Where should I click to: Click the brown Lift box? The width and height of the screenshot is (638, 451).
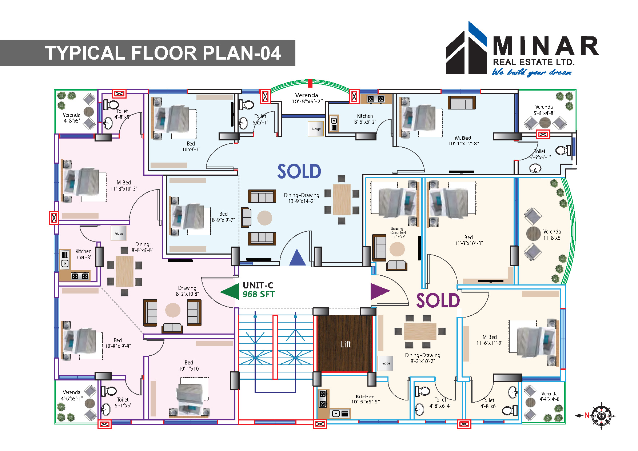pos(345,344)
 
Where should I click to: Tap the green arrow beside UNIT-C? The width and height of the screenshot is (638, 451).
pos(230,292)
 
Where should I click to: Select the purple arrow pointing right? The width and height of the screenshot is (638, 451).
pos(379,291)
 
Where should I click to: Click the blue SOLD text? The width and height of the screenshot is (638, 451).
pos(299,171)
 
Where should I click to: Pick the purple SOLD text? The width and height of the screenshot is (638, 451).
pos(438,301)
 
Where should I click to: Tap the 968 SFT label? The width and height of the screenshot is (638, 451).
pos(259,294)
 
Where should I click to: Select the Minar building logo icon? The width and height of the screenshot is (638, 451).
pos(466,49)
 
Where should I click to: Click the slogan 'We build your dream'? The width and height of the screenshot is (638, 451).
pos(531,72)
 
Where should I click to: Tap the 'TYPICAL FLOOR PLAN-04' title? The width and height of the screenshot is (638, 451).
pos(163,53)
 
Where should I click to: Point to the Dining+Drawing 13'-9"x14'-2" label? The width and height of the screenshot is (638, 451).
pos(302,198)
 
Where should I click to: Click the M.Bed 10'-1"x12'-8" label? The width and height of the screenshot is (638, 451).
pos(463,141)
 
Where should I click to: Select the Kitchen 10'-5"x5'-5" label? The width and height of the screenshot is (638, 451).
pos(365,399)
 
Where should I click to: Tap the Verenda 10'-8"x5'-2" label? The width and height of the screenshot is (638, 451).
pos(307,98)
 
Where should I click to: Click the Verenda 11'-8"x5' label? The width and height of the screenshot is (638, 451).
pos(552,235)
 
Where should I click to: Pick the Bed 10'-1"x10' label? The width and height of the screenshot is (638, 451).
pos(189,366)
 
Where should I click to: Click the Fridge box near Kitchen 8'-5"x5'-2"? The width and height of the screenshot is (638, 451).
pos(316,129)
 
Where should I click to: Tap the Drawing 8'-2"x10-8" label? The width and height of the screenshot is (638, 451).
pos(187,291)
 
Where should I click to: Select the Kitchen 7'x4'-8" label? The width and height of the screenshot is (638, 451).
pos(83,254)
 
